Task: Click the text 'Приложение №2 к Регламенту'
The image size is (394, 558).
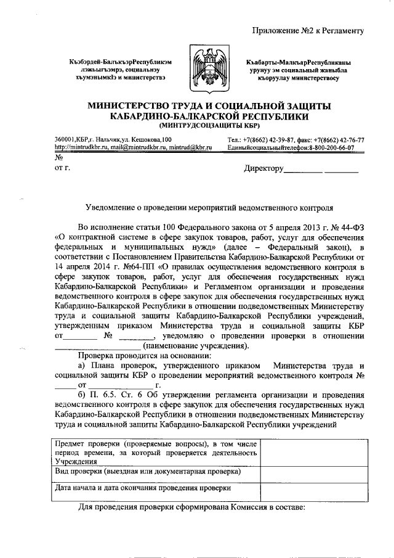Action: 310,29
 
